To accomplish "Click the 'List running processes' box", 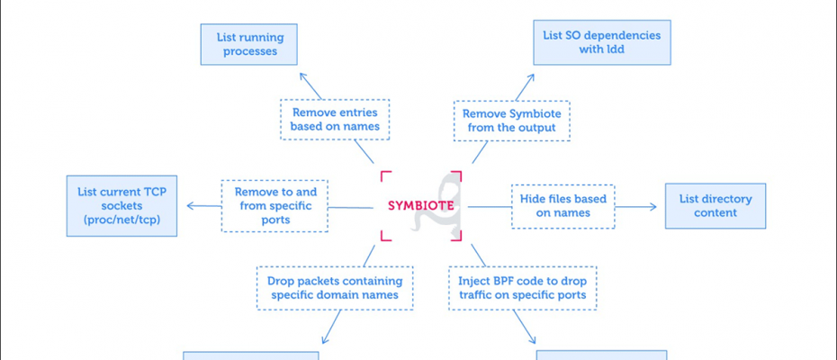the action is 248,44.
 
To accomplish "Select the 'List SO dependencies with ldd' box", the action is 601,42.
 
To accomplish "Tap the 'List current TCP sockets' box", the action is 121,205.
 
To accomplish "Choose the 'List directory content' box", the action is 715,205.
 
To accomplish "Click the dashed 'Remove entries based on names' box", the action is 335,120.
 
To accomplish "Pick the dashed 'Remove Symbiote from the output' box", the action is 511,121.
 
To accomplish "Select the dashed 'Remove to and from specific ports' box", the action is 274,205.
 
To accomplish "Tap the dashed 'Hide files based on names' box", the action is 562,206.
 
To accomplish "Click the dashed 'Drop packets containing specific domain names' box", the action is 335,288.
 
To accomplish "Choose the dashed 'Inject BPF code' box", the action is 522,288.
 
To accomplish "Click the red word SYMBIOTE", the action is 420,205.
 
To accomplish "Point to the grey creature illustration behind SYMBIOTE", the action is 436,205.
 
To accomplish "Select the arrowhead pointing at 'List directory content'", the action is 653,207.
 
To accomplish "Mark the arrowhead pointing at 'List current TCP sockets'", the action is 190,205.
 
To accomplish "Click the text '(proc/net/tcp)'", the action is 121,220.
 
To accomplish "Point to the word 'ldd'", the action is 616,49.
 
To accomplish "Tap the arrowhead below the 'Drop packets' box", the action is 325,339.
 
